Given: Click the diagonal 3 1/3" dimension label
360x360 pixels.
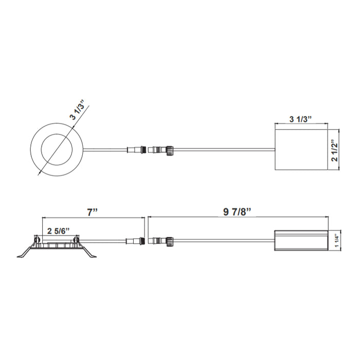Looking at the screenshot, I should [78, 110].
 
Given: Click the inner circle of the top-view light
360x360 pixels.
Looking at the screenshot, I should [57, 150].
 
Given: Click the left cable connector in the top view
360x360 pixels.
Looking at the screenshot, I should [136, 150].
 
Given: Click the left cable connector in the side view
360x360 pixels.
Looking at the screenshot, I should [136, 240].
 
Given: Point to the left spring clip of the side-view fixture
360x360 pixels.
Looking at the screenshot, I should [26, 254].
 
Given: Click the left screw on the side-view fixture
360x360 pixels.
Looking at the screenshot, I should [37, 239].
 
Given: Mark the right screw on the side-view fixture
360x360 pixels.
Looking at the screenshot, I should [76, 239].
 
